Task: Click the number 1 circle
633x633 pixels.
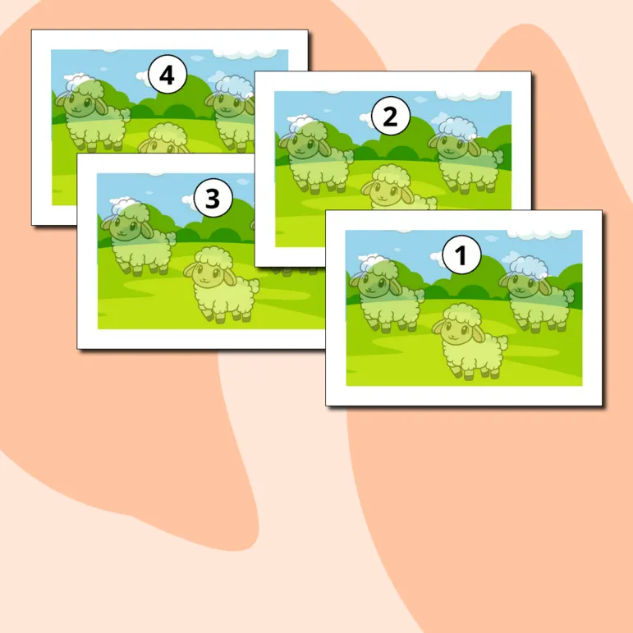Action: click(462, 255)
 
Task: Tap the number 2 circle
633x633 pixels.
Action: click(390, 117)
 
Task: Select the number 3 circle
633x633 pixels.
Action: click(213, 198)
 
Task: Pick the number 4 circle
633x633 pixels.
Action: click(167, 75)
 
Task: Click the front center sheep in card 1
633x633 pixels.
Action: click(470, 341)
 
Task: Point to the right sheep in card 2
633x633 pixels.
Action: click(466, 156)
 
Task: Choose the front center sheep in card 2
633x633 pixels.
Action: click(398, 186)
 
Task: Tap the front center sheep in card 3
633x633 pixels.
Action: click(221, 285)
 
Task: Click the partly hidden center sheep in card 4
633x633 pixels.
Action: click(163, 138)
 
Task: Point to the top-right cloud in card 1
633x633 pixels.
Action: click(539, 234)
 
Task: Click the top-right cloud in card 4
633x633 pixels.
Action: click(245, 53)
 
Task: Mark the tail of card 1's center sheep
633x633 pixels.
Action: click(502, 344)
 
